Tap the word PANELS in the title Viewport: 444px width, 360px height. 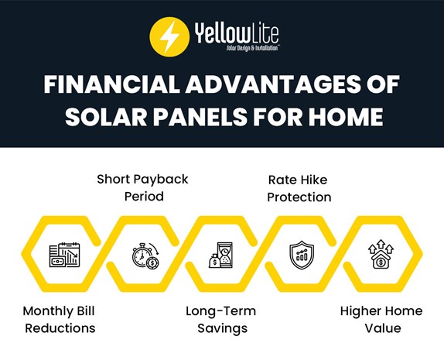coord(205,118)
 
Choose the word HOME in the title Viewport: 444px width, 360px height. coord(343,118)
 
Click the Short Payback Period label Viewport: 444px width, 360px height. coord(142,187)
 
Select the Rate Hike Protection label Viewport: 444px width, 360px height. coord(299,187)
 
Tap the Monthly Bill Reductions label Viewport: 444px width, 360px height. coord(59,319)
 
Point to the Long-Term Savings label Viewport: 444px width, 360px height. coord(220,319)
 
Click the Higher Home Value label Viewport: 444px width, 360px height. coord(381,319)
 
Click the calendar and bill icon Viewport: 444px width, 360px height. coord(64,255)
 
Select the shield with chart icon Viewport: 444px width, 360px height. coord(299,255)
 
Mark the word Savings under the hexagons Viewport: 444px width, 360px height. coord(220,328)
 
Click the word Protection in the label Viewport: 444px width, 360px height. coord(299,197)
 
